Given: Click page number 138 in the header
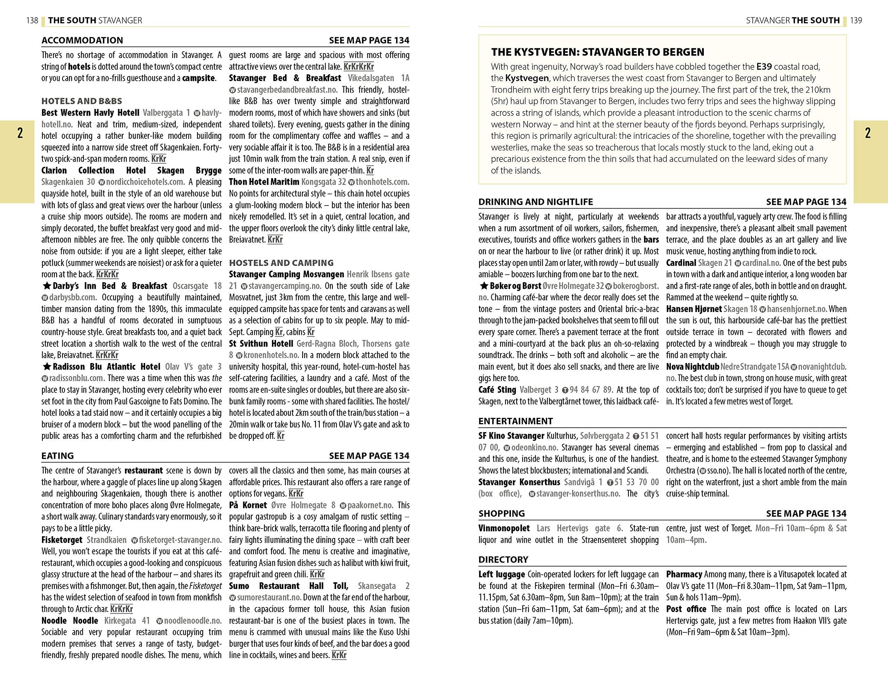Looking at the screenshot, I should tap(32, 20).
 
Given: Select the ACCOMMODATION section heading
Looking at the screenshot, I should tap(82, 40).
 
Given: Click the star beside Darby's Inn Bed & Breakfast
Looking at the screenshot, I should tap(46, 286).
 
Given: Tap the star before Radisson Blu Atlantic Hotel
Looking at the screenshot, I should tap(46, 367).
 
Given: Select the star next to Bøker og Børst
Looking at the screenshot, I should tap(484, 286).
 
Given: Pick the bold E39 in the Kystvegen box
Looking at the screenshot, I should tap(764, 67).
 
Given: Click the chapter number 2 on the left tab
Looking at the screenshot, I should tap(20, 133).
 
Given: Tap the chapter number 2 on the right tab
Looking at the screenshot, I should tap(868, 133).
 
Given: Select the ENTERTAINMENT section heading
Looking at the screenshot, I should tap(515, 421).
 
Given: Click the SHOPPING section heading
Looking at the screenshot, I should tap(501, 514).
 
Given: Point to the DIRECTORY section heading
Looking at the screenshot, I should tap(503, 559).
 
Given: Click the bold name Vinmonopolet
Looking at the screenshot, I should tap(504, 528).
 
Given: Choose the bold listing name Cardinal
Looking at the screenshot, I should tap(681, 263).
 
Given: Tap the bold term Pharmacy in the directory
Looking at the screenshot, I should tap(684, 574).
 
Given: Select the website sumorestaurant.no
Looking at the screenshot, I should tap(269, 598).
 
